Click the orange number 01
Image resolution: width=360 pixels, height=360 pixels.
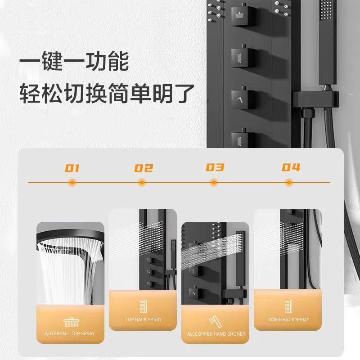72,168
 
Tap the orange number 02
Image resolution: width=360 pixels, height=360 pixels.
144,168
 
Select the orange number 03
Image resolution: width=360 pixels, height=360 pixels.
215,167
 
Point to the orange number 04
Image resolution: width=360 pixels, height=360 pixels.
291,167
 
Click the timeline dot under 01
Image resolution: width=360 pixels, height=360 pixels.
72,183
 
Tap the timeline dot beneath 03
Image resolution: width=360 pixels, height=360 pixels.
214,183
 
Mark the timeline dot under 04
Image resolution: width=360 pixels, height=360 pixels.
289,183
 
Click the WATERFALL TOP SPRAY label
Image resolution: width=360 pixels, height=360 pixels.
70,333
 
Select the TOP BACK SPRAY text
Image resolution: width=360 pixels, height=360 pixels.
143,319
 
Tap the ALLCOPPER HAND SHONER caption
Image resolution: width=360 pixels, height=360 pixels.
216,334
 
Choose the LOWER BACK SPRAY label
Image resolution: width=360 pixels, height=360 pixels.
288,319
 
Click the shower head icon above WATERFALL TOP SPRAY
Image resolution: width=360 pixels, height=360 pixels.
72,322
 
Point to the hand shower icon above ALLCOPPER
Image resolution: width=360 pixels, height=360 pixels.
216,321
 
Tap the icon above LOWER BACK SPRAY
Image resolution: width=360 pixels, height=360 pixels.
288,306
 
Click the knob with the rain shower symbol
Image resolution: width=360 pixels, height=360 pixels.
241,15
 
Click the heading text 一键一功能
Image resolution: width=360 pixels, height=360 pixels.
74,61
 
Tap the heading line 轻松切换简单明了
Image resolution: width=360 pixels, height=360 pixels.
107,94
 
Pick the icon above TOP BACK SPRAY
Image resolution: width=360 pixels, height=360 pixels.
143,306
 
